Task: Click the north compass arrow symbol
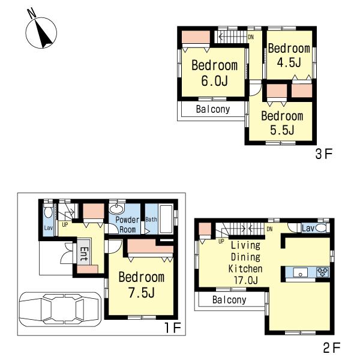pos(41,32)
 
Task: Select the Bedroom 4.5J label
pos(289,55)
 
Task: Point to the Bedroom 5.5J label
pos(282,122)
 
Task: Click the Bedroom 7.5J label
pos(141,285)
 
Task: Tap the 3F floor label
pos(323,154)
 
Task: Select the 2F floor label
pos(332,347)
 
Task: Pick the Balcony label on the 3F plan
pos(213,109)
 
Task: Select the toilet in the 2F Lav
pos(321,229)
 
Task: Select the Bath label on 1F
pos(151,220)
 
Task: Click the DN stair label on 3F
pos(250,37)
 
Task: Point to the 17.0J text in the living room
pos(245,280)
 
